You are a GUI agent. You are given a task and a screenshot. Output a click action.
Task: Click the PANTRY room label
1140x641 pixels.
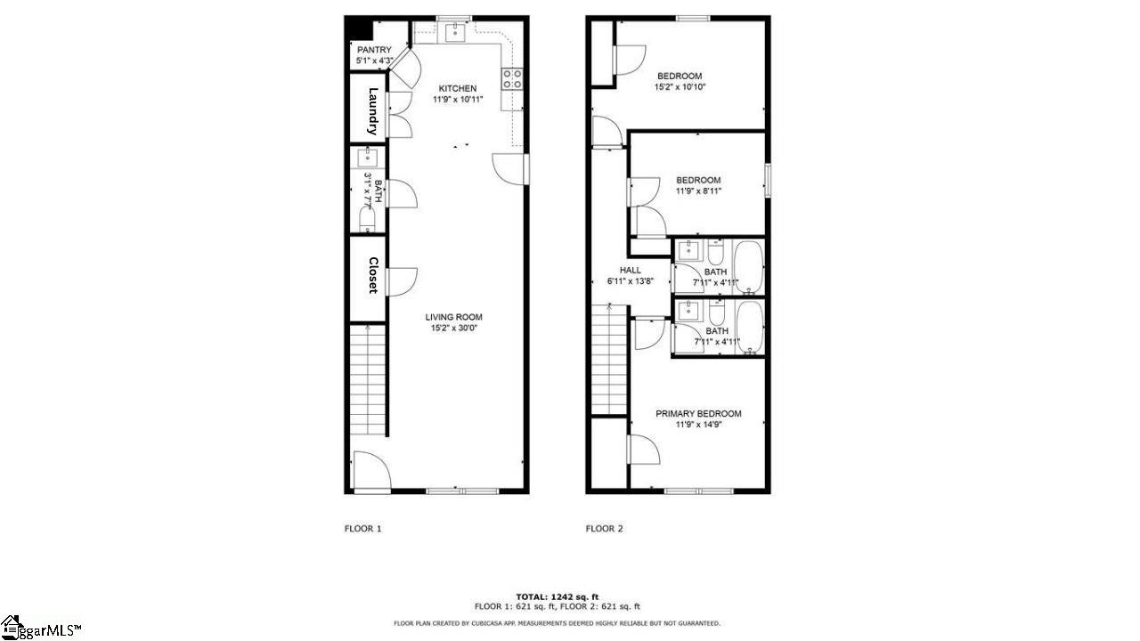point(374,50)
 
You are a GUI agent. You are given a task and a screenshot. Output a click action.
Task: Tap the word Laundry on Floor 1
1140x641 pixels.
point(373,111)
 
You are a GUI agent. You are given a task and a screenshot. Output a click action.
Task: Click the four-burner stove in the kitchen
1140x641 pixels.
point(512,79)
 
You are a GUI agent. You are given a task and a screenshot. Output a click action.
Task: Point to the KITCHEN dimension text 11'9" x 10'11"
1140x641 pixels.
point(458,100)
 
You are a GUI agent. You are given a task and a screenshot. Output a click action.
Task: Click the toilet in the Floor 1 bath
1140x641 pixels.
point(367,219)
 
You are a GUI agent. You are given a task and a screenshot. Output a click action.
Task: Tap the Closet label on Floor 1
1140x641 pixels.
point(373,275)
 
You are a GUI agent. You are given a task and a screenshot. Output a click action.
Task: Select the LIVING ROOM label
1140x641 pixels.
point(454,317)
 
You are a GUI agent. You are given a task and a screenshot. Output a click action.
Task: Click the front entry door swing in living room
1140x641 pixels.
point(372,470)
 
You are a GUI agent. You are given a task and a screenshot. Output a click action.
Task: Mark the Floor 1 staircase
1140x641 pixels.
point(368,380)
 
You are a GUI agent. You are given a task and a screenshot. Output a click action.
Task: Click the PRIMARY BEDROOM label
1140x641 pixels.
point(698,414)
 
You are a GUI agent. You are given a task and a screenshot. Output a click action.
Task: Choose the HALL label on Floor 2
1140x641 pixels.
point(631,270)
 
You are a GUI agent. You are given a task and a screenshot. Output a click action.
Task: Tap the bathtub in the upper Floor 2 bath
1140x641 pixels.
point(749,268)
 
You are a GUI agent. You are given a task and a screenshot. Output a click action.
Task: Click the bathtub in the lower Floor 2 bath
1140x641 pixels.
point(749,328)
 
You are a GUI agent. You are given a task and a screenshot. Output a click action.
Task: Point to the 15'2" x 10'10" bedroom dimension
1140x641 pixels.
point(680,87)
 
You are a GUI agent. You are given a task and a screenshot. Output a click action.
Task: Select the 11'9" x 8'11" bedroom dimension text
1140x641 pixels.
point(698,191)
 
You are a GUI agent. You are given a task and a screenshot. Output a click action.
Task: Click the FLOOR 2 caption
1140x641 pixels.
point(604,529)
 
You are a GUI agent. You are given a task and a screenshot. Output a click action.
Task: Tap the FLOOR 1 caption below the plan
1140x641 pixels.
point(362,529)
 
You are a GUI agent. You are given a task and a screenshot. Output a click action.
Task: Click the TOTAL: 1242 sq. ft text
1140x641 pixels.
point(558,596)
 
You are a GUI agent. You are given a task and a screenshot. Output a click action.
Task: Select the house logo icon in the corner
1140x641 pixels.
point(12,628)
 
